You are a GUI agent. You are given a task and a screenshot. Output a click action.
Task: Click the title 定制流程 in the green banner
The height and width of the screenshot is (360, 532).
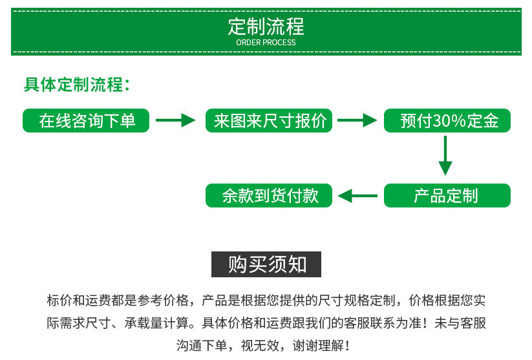pyautogui.click(x=266, y=26)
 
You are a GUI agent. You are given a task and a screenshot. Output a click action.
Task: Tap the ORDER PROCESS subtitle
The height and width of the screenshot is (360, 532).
pyautogui.click(x=266, y=43)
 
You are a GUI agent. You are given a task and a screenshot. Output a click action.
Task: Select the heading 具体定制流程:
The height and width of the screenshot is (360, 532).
pyautogui.click(x=77, y=85)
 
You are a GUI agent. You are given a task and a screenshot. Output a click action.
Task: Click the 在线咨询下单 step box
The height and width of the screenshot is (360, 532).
pyautogui.click(x=87, y=121)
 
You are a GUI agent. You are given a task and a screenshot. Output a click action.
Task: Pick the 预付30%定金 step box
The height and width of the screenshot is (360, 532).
pyautogui.click(x=447, y=121)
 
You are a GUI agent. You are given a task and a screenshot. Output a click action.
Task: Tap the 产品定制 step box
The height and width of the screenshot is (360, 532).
pyautogui.click(x=447, y=196)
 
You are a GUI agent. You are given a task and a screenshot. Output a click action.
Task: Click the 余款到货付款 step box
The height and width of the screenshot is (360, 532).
pyautogui.click(x=270, y=196)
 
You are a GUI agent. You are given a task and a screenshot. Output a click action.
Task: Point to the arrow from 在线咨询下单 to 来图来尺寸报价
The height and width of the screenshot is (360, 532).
pyautogui.click(x=176, y=120)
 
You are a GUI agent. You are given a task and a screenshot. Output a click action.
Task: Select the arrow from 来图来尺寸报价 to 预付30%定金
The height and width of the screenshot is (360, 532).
pyautogui.click(x=357, y=120)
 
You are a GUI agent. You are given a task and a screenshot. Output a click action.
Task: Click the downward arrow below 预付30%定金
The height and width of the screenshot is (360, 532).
pyautogui.click(x=445, y=157)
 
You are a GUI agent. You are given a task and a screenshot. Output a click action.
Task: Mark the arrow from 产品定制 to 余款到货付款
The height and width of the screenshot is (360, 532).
pyautogui.click(x=358, y=196)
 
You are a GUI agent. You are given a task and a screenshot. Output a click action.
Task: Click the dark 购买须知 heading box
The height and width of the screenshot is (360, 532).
pyautogui.click(x=266, y=264)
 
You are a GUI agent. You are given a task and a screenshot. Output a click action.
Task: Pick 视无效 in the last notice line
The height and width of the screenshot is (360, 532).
pyautogui.click(x=261, y=345)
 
